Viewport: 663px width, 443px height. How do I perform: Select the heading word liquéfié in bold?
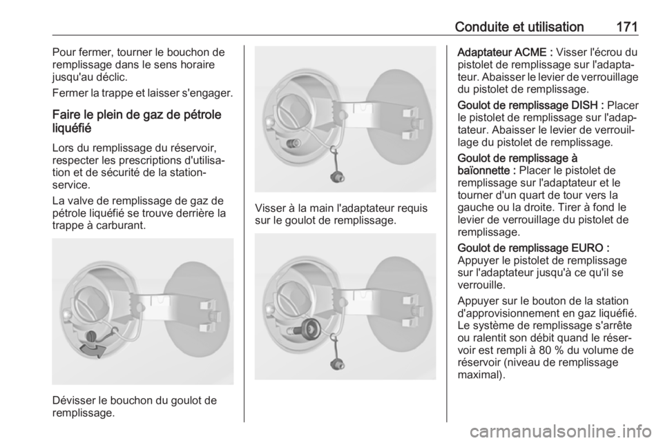(x=72, y=128)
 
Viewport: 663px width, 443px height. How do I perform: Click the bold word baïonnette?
(x=483, y=170)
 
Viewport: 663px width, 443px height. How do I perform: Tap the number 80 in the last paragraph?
(x=555, y=350)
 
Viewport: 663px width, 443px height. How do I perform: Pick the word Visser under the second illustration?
(x=269, y=208)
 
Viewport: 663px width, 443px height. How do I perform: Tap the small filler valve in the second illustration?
(x=291, y=143)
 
